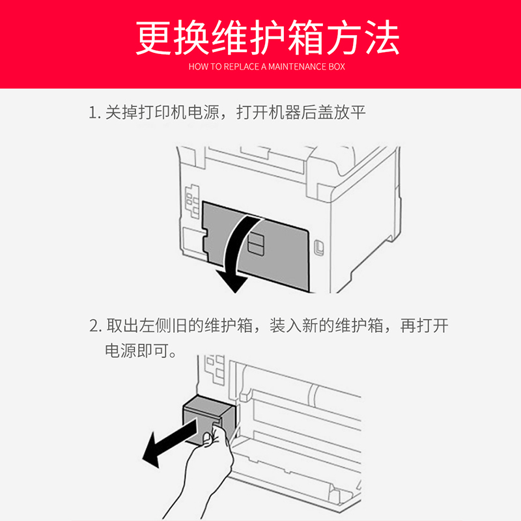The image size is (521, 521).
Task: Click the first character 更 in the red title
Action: [154, 37]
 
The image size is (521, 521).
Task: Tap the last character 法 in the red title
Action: [381, 37]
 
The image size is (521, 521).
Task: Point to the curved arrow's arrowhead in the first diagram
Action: [231, 283]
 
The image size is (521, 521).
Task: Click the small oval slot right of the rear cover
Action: [318, 248]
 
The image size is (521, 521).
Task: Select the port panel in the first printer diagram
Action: [191, 203]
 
